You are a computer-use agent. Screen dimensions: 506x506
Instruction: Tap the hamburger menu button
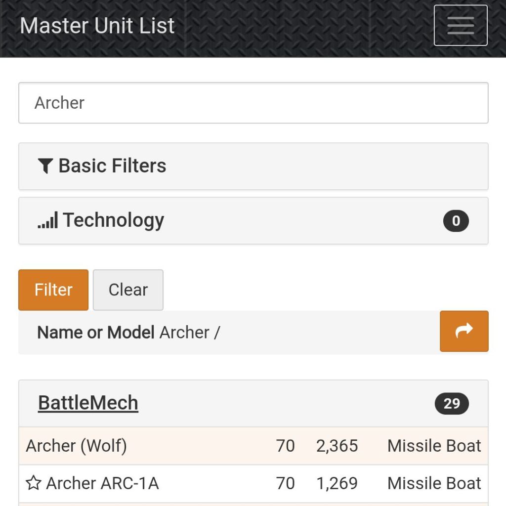point(461,25)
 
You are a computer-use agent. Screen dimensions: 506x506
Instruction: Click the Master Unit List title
point(97,26)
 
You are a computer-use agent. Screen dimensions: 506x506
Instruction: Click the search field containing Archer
point(253,103)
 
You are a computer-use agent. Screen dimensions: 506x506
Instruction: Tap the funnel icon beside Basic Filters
point(45,166)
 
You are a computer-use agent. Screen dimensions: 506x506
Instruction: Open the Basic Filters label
point(112,166)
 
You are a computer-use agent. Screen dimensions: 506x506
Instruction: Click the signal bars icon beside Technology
point(47,220)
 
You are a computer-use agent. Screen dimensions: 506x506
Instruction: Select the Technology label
point(113,220)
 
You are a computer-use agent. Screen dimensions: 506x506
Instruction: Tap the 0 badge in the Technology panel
point(456,221)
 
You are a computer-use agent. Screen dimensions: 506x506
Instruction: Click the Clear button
point(128,290)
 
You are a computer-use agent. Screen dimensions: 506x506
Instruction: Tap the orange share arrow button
point(464,331)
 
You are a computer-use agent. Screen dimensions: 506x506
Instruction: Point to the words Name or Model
point(96,333)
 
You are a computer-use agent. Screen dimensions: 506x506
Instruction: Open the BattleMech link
point(88,403)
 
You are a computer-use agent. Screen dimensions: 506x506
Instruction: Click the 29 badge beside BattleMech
point(451,404)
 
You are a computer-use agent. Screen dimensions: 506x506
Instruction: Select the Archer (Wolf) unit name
point(77,446)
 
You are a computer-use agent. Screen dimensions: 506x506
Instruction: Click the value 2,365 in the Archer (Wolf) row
point(337,446)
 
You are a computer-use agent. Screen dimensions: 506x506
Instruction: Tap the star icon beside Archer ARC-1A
point(33,483)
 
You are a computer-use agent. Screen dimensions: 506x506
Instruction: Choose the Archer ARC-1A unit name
point(102,483)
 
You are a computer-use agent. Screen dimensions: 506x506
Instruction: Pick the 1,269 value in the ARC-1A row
point(337,483)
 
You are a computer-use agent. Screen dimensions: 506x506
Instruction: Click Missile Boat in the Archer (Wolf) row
point(434,446)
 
